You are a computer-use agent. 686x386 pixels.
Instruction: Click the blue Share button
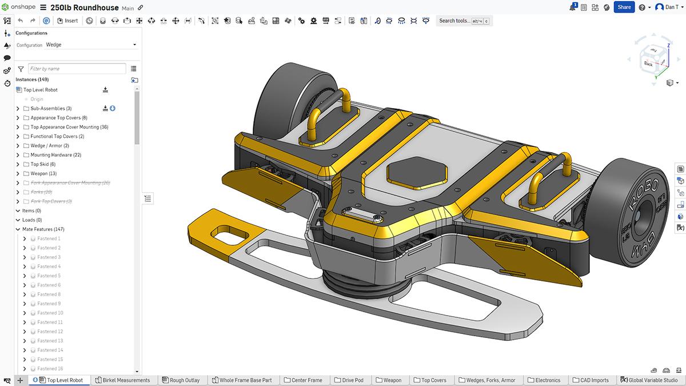[x=624, y=7]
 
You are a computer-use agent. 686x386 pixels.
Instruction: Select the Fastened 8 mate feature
[x=49, y=295]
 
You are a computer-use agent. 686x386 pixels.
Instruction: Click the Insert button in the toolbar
[x=68, y=21]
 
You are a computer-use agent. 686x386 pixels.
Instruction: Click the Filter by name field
[x=77, y=69]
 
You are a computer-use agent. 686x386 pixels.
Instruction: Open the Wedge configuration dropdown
[x=91, y=45]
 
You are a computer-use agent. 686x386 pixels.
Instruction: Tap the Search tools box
[x=463, y=21]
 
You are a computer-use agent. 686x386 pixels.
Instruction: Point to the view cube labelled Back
[x=648, y=63]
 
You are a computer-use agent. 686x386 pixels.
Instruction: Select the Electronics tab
[x=547, y=380]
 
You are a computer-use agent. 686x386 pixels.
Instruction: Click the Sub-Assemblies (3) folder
[x=51, y=109]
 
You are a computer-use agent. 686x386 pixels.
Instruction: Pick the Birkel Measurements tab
[x=126, y=380]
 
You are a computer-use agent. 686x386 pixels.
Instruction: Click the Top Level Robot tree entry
[x=40, y=90]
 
